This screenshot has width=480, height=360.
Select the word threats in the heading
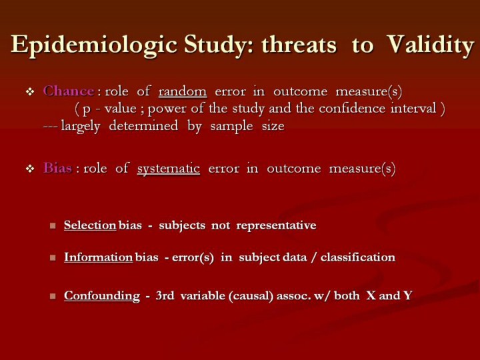[299, 45]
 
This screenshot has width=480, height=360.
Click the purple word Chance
[69, 91]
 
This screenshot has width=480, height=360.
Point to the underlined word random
[183, 91]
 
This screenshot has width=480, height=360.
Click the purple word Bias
[57, 168]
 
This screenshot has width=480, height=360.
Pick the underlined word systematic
[169, 169]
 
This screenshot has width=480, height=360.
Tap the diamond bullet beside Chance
[30, 91]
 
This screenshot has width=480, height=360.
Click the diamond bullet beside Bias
[30, 169]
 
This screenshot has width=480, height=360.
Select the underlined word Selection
[90, 225]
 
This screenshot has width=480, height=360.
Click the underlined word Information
[98, 257]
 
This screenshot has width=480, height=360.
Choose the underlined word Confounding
[102, 296]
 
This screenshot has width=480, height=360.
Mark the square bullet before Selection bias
[53, 226]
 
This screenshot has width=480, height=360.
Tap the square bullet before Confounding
[53, 296]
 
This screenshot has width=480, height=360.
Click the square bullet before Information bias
[53, 258]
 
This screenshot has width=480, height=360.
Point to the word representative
[276, 226]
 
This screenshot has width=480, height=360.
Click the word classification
[358, 257]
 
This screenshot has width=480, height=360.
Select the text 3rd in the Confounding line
[165, 296]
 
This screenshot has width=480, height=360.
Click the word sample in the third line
[231, 126]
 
